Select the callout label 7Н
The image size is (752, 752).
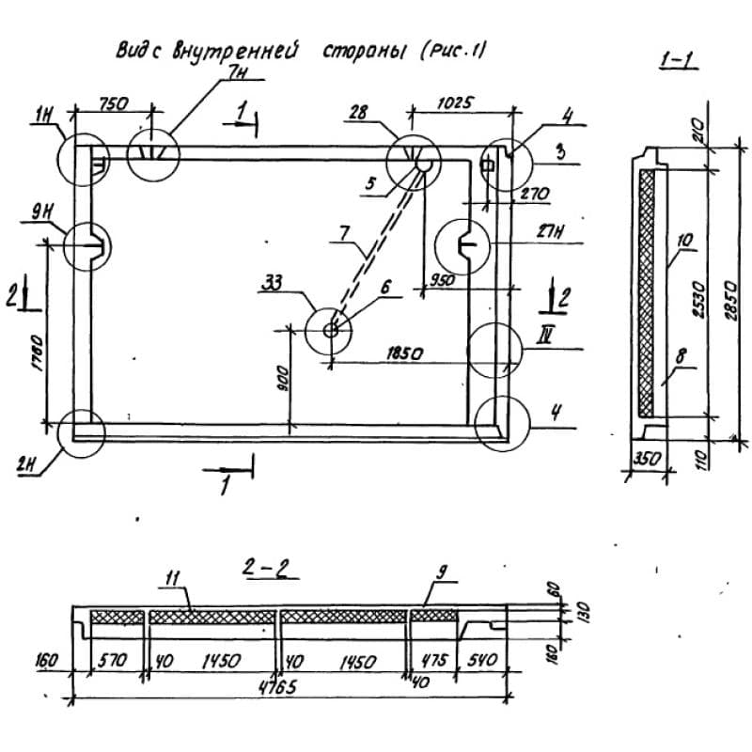coord(228,72)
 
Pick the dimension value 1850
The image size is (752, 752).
coord(403,354)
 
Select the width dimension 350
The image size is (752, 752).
coord(644,461)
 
